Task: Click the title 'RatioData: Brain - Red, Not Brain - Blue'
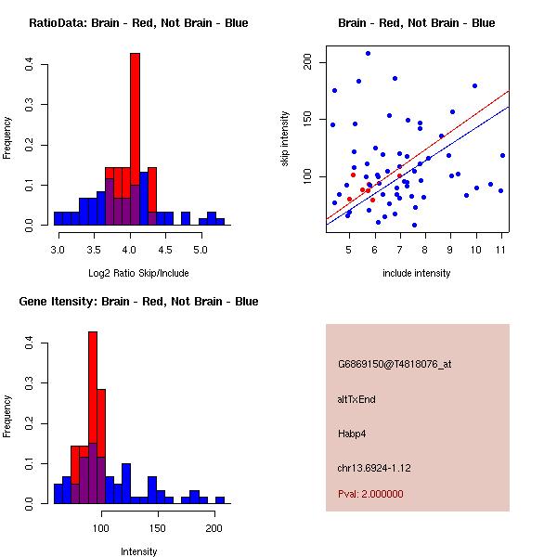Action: [138, 23]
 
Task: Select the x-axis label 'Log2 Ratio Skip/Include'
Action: [138, 273]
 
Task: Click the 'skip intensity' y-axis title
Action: [287, 139]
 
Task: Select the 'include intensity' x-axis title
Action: [417, 273]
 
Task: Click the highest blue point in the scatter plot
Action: [368, 54]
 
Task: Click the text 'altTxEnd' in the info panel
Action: [356, 399]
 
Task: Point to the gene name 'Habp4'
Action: [352, 434]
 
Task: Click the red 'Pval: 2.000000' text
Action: [370, 494]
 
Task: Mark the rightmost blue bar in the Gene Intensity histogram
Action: [220, 499]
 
